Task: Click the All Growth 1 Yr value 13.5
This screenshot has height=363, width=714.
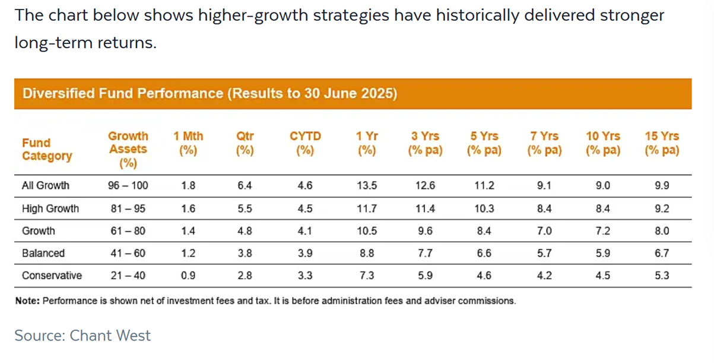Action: coord(367,185)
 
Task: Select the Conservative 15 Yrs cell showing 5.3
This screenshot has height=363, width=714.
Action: coord(662,275)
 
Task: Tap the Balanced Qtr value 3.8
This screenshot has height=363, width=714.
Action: coord(245,253)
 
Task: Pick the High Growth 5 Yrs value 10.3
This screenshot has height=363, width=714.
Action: coord(484,209)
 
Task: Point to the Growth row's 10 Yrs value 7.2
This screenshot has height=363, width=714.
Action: coord(603,231)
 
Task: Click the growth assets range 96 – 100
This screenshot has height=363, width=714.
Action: coord(128,185)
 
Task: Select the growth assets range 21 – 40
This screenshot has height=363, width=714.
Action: coord(128,275)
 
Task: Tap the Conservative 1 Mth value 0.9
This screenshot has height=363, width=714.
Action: coord(188,275)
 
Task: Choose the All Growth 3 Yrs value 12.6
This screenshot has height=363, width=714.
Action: coord(425,185)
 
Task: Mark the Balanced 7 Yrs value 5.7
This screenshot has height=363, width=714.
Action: coord(544,253)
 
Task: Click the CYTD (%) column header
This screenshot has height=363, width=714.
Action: coord(305,143)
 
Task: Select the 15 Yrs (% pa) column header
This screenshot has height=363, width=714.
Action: coord(662,143)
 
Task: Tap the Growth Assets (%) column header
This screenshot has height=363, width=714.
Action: coord(128,149)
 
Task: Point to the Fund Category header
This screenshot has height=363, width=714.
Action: coord(47,149)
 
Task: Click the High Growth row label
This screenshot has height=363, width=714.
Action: coord(50,209)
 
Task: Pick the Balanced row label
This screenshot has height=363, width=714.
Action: coord(43,253)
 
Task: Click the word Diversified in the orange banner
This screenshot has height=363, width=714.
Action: coord(58,93)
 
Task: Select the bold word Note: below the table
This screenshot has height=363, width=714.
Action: coord(27,301)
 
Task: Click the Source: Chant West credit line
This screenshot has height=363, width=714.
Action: coord(82,335)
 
